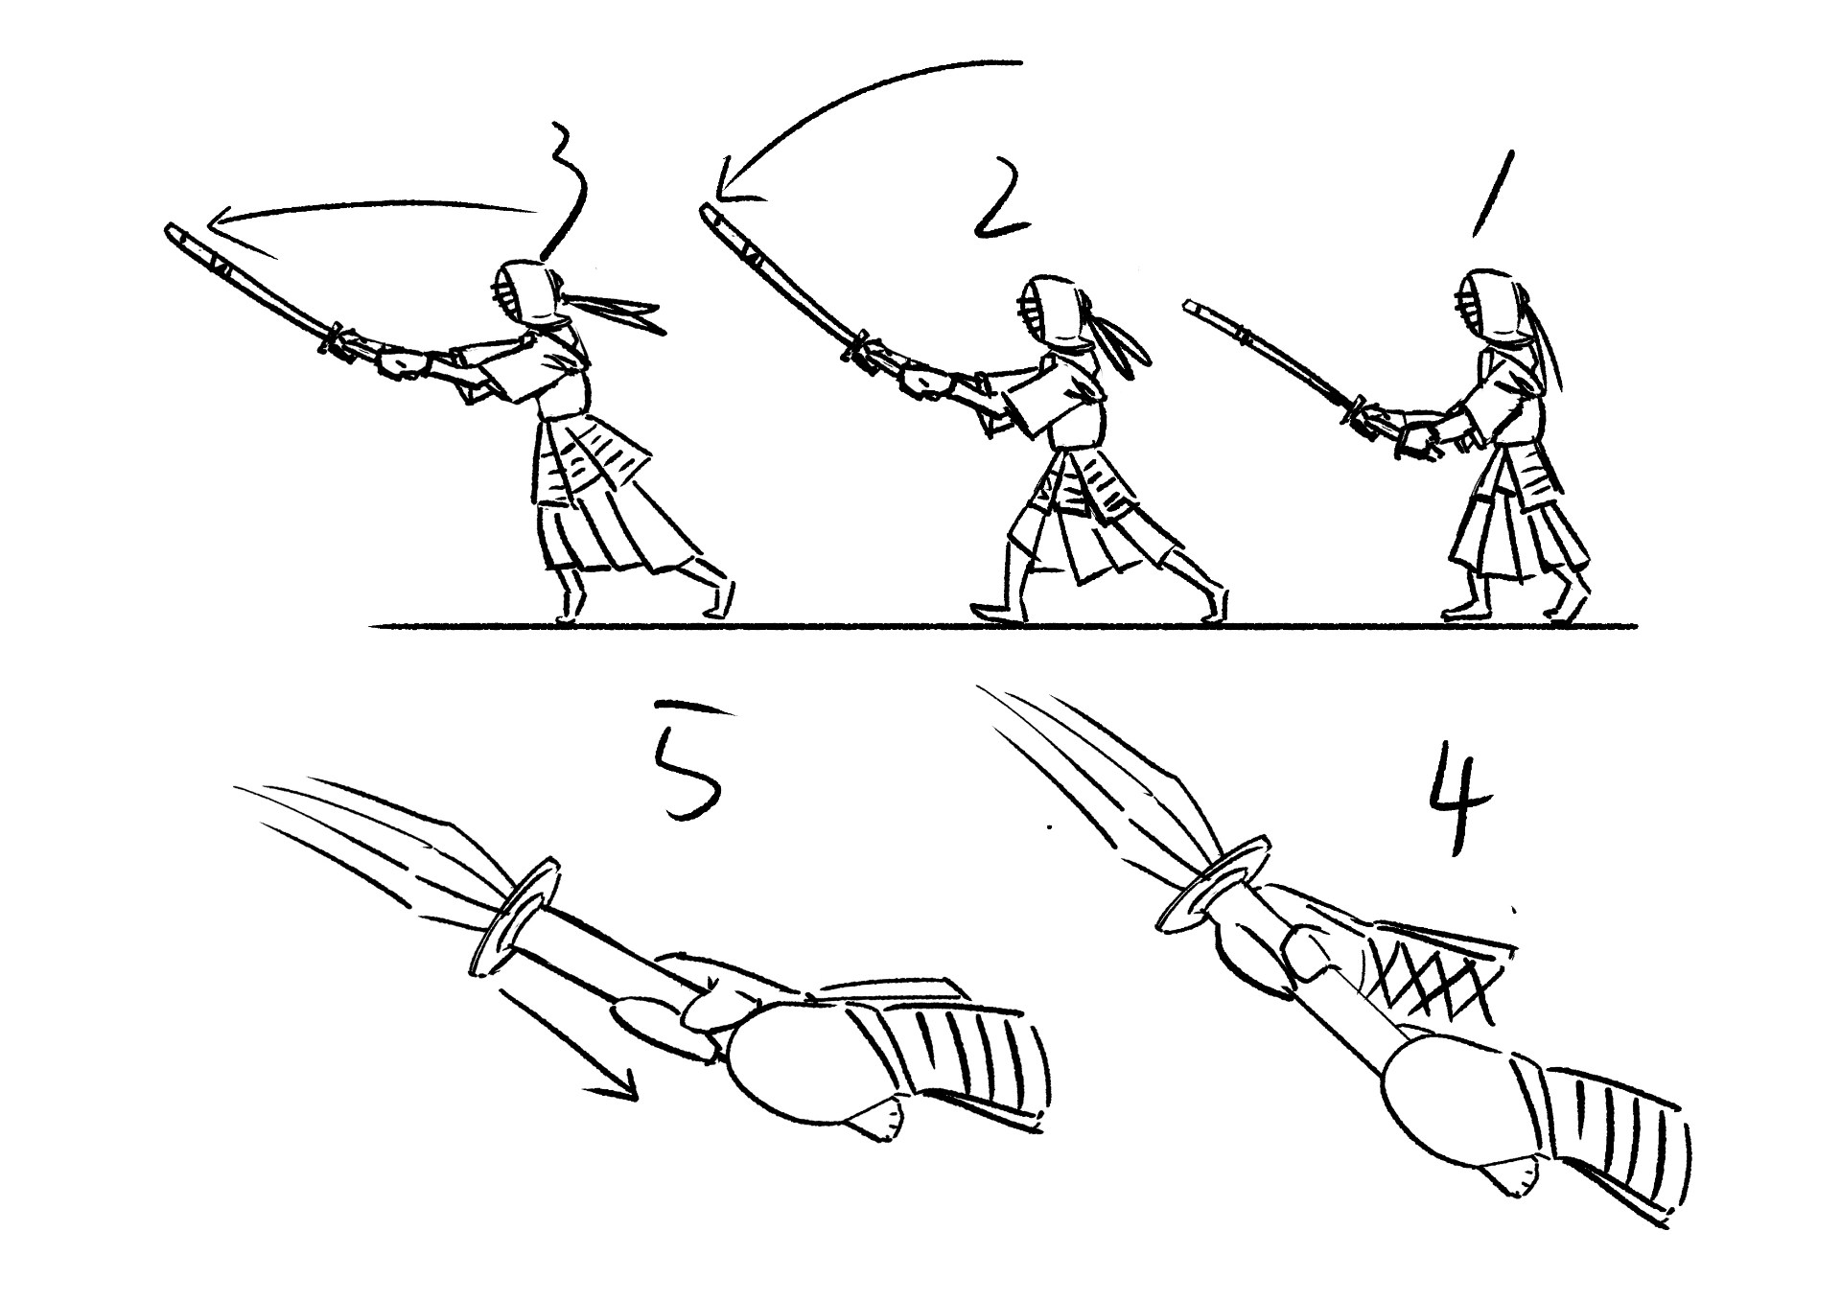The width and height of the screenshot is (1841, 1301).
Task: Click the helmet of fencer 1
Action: coord(1494,307)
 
